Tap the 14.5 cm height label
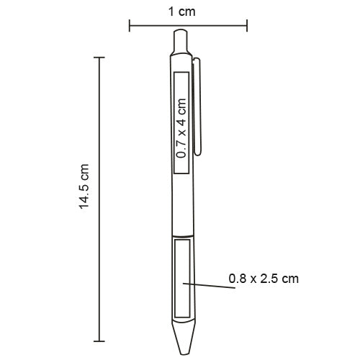[84, 186]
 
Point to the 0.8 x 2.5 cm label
[263, 277]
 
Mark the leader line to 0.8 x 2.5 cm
[212, 287]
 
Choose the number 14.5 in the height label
[84, 195]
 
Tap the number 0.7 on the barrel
[181, 149]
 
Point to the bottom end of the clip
[202, 153]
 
